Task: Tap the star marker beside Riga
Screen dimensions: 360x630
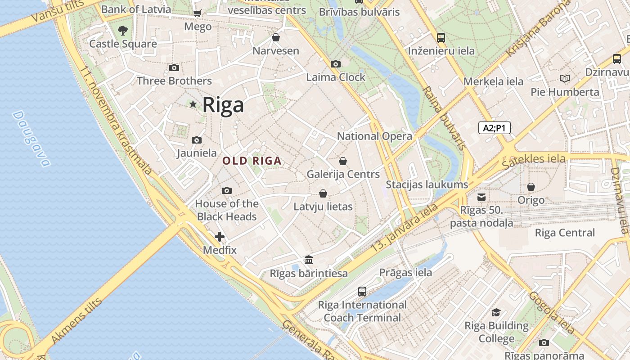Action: [193, 104]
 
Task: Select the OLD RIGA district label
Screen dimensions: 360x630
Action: [252, 161]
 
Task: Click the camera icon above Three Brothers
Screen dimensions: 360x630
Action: [174, 68]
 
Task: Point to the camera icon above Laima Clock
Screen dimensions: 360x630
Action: [335, 64]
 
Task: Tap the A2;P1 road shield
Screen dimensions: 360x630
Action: [494, 128]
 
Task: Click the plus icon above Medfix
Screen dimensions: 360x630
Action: [220, 237]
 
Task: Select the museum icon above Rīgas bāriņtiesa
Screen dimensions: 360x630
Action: [309, 260]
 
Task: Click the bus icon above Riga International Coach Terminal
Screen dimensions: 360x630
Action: [362, 292]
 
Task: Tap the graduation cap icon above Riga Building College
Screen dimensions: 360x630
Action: [496, 312]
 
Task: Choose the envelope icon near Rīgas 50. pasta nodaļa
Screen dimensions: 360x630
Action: [481, 197]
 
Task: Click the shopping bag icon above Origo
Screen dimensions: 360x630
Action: [531, 187]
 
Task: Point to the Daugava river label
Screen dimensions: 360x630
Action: [31, 138]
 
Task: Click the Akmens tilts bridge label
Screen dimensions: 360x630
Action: [76, 320]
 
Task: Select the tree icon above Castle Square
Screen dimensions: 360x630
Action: [122, 31]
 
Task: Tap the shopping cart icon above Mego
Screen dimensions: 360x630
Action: [197, 13]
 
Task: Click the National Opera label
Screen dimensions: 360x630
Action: [374, 136]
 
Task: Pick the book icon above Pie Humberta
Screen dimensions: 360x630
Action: [564, 79]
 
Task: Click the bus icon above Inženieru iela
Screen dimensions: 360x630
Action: [441, 38]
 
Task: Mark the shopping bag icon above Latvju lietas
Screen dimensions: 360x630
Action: [323, 194]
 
